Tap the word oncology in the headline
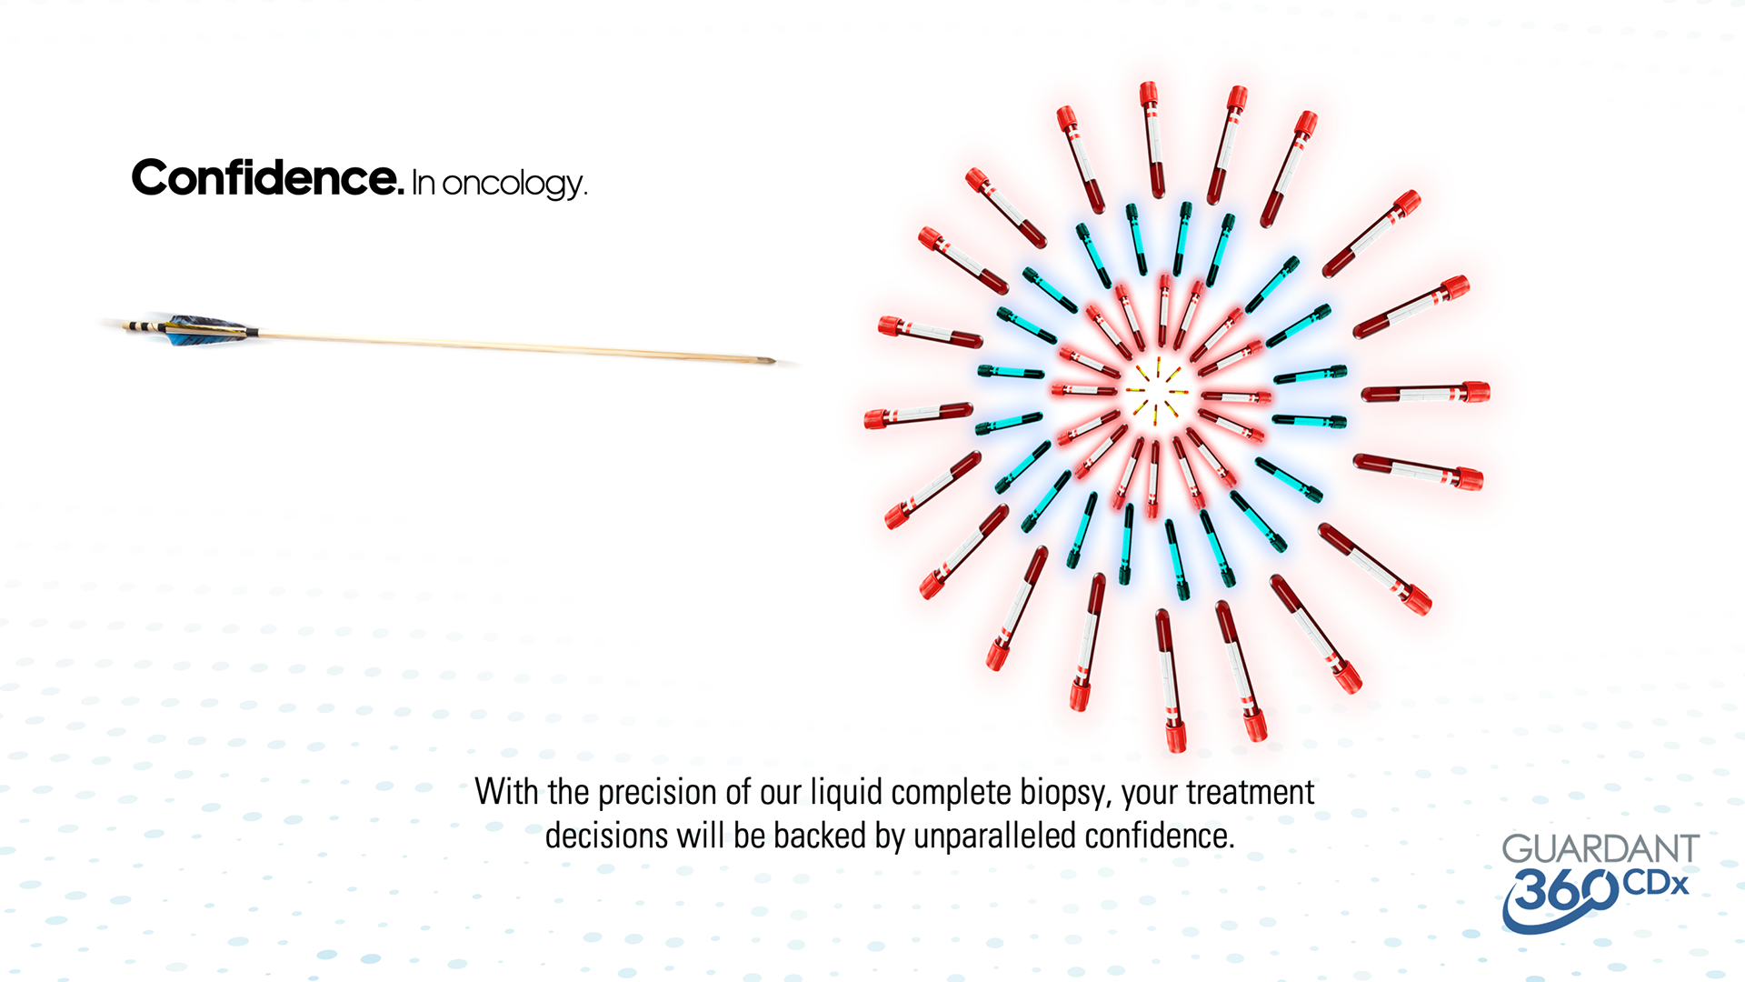514,185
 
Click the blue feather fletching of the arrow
204,330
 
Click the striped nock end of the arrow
136,326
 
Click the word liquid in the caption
846,793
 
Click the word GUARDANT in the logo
1600,849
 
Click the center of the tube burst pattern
1156,391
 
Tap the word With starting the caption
506,793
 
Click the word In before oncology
424,184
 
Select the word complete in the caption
951,793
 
